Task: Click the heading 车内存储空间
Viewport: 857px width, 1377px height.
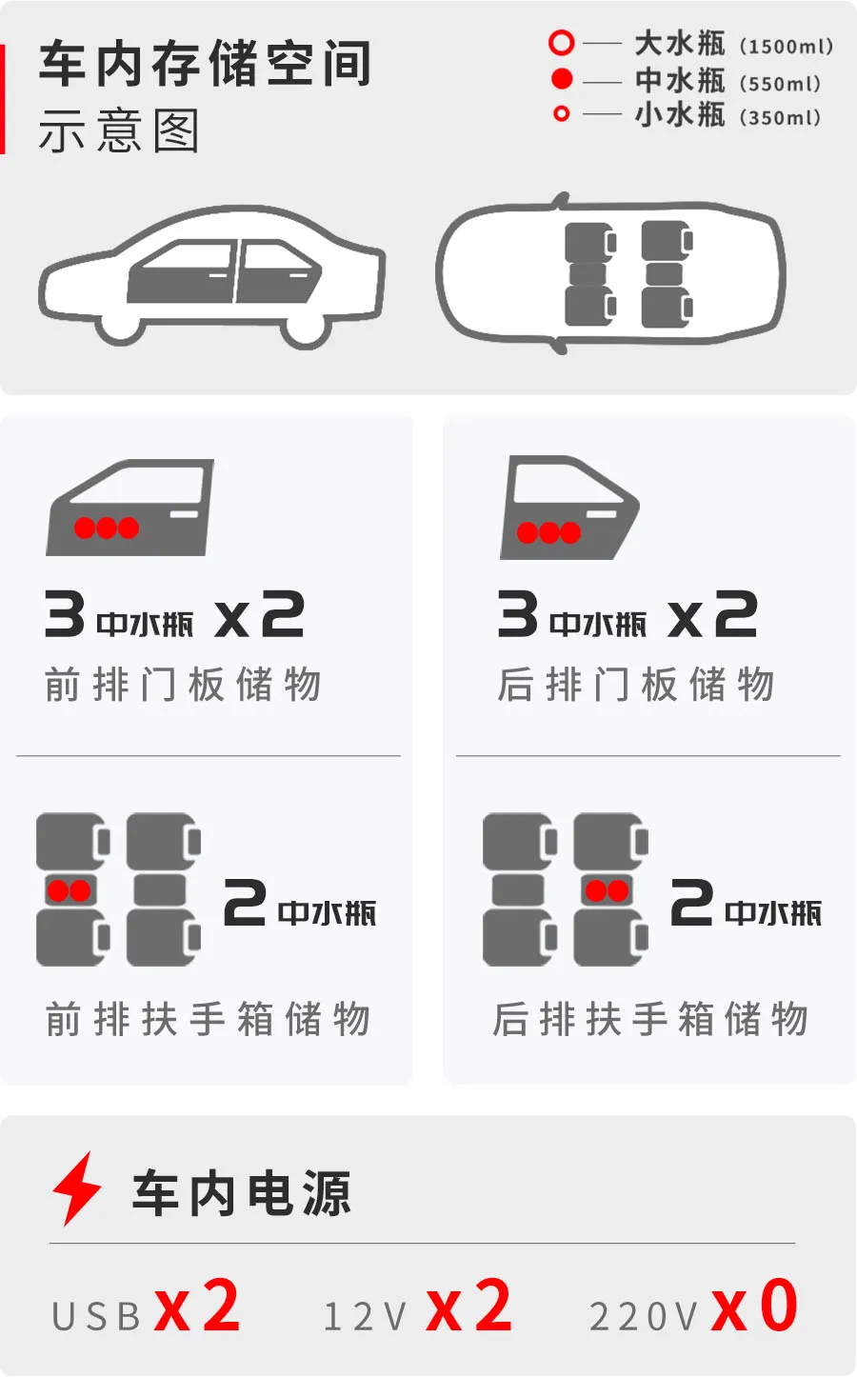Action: [x=205, y=64]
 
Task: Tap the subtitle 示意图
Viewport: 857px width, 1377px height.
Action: [x=119, y=130]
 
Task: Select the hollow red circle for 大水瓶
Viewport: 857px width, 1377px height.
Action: [x=562, y=43]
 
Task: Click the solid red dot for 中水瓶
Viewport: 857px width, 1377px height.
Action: [x=562, y=79]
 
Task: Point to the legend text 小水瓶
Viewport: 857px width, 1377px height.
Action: [x=680, y=115]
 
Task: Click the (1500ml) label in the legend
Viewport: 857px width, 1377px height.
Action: [x=786, y=47]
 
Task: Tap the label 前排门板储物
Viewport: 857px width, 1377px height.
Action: [x=183, y=684]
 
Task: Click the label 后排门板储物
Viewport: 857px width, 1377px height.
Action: [x=635, y=684]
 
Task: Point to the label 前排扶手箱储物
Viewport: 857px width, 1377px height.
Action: [x=208, y=1019]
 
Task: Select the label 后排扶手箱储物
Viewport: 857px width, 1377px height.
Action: [x=649, y=1019]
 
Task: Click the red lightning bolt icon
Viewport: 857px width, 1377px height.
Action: [x=76, y=1187]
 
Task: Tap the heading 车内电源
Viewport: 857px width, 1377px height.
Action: [x=242, y=1193]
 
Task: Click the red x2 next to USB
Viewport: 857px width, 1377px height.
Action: [x=197, y=1307]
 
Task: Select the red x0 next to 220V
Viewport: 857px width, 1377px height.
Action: [x=753, y=1307]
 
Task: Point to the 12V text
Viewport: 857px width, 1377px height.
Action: [x=365, y=1316]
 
